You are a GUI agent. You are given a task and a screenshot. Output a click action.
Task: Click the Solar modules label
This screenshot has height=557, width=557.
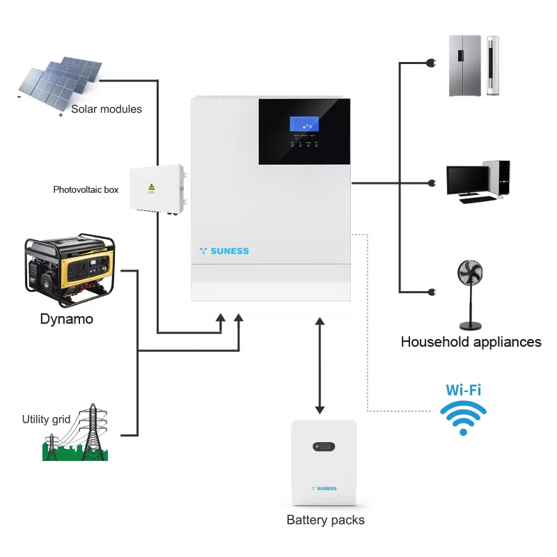click(x=107, y=109)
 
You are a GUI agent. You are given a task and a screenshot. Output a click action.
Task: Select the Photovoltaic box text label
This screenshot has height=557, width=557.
click(x=86, y=189)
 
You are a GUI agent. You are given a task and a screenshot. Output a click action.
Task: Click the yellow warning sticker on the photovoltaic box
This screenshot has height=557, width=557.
click(x=151, y=187)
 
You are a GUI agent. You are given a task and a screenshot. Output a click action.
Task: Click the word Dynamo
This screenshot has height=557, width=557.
click(x=66, y=320)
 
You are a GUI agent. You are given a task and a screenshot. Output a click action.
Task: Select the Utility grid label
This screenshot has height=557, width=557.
click(x=46, y=419)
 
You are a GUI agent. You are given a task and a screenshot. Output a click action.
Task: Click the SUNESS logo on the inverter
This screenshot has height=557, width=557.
click(x=223, y=251)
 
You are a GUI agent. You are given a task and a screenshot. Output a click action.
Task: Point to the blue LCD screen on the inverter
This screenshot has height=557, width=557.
click(x=305, y=125)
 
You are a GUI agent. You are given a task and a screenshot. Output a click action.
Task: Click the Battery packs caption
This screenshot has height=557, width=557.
click(x=325, y=520)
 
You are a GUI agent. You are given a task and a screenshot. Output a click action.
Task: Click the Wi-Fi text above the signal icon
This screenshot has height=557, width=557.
click(x=463, y=389)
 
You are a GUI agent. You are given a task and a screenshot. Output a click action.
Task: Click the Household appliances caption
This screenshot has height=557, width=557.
click(x=471, y=342)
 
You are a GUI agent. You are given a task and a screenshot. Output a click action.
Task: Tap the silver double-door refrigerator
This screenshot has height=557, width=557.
click(x=464, y=65)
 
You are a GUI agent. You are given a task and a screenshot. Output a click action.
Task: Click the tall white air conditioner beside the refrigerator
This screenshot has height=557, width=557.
click(x=493, y=65)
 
